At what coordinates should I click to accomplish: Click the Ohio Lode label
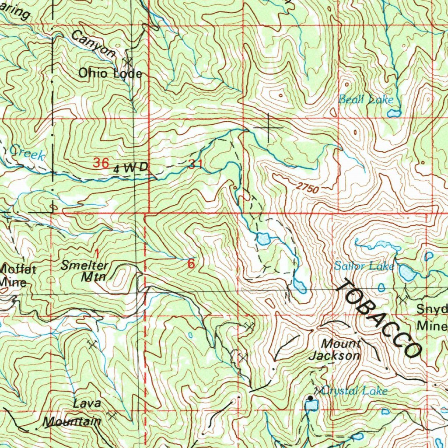tap(110, 73)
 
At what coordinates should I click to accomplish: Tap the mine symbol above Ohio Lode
tap(128, 61)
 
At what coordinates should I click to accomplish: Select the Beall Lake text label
tap(366, 100)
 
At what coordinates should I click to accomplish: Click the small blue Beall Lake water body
tap(393, 114)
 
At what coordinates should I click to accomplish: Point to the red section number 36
tap(101, 163)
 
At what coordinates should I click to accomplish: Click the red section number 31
tap(195, 164)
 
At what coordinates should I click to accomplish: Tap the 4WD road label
tap(131, 168)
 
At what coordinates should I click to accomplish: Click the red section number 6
tap(191, 264)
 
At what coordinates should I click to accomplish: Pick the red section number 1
tap(97, 252)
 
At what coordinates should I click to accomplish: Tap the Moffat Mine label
tap(17, 275)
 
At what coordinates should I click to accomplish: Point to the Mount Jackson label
tap(335, 350)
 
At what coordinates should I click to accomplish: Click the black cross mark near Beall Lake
tap(268, 127)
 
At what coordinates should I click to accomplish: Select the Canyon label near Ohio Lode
tap(93, 44)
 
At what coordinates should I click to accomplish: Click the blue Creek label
tap(27, 153)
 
